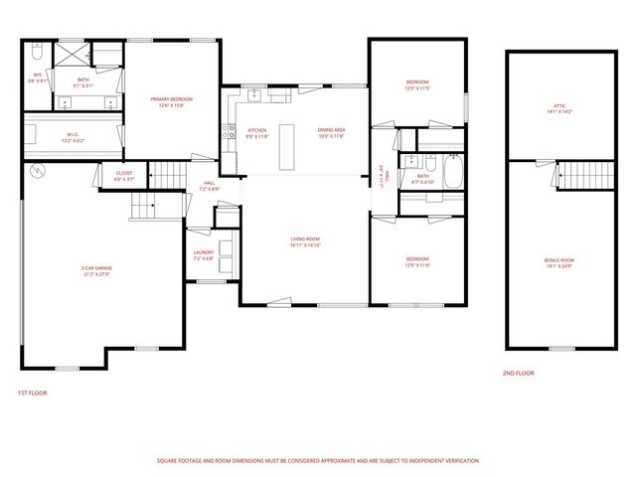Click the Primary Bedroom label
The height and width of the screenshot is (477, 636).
tap(171, 100)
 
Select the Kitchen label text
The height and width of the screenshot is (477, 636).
tap(257, 132)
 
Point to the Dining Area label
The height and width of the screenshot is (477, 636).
tap(331, 132)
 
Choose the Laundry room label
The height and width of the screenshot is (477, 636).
tap(203, 255)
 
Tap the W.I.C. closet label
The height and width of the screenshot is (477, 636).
tap(74, 135)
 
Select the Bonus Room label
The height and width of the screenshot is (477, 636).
tap(559, 262)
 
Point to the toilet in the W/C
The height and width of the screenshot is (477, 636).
tap(36, 48)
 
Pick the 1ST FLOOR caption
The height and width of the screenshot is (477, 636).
tap(32, 393)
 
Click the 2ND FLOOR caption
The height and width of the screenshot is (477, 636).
tap(518, 373)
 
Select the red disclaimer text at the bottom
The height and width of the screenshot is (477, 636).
tap(318, 460)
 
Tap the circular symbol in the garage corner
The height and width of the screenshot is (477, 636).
tap(38, 172)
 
